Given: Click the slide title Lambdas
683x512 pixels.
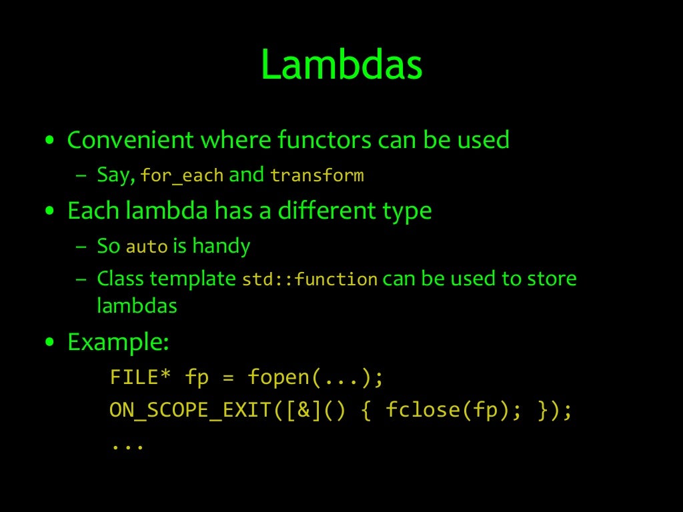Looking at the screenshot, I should pos(341,65).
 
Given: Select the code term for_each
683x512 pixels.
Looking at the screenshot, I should pos(183,176).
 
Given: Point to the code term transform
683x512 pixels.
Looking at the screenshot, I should pos(317,176).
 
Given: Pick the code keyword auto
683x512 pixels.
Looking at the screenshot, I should pos(146,247).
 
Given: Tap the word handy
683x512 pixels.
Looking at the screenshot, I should pos(221,246).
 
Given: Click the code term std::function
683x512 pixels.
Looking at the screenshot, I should pos(309,279).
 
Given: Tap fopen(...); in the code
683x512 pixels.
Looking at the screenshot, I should pos(315,377).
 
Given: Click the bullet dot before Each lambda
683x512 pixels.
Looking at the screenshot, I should pos(49,212).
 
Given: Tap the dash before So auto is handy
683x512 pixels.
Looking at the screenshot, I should pos(81,247).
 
